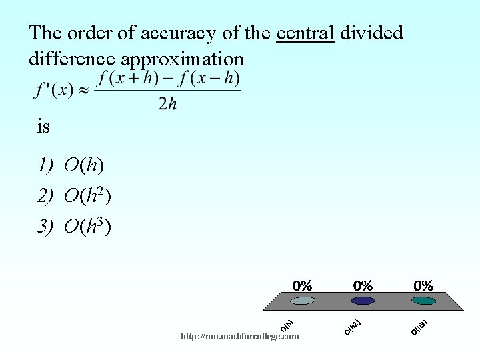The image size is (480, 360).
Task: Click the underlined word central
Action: click(x=305, y=33)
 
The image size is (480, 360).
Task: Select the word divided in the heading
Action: click(x=371, y=33)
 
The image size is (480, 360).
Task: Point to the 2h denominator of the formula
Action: click(x=167, y=104)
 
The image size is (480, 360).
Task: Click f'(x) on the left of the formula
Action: click(x=54, y=89)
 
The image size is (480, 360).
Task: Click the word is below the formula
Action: click(x=43, y=126)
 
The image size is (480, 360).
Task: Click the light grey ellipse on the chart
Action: click(x=302, y=301)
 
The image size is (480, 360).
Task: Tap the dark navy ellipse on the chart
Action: click(x=363, y=301)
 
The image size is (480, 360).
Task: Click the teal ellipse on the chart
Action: click(x=423, y=301)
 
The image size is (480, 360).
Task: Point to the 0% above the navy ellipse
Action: click(x=363, y=285)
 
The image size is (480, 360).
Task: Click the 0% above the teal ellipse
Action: click(x=423, y=285)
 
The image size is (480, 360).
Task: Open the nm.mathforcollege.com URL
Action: click(x=240, y=337)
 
